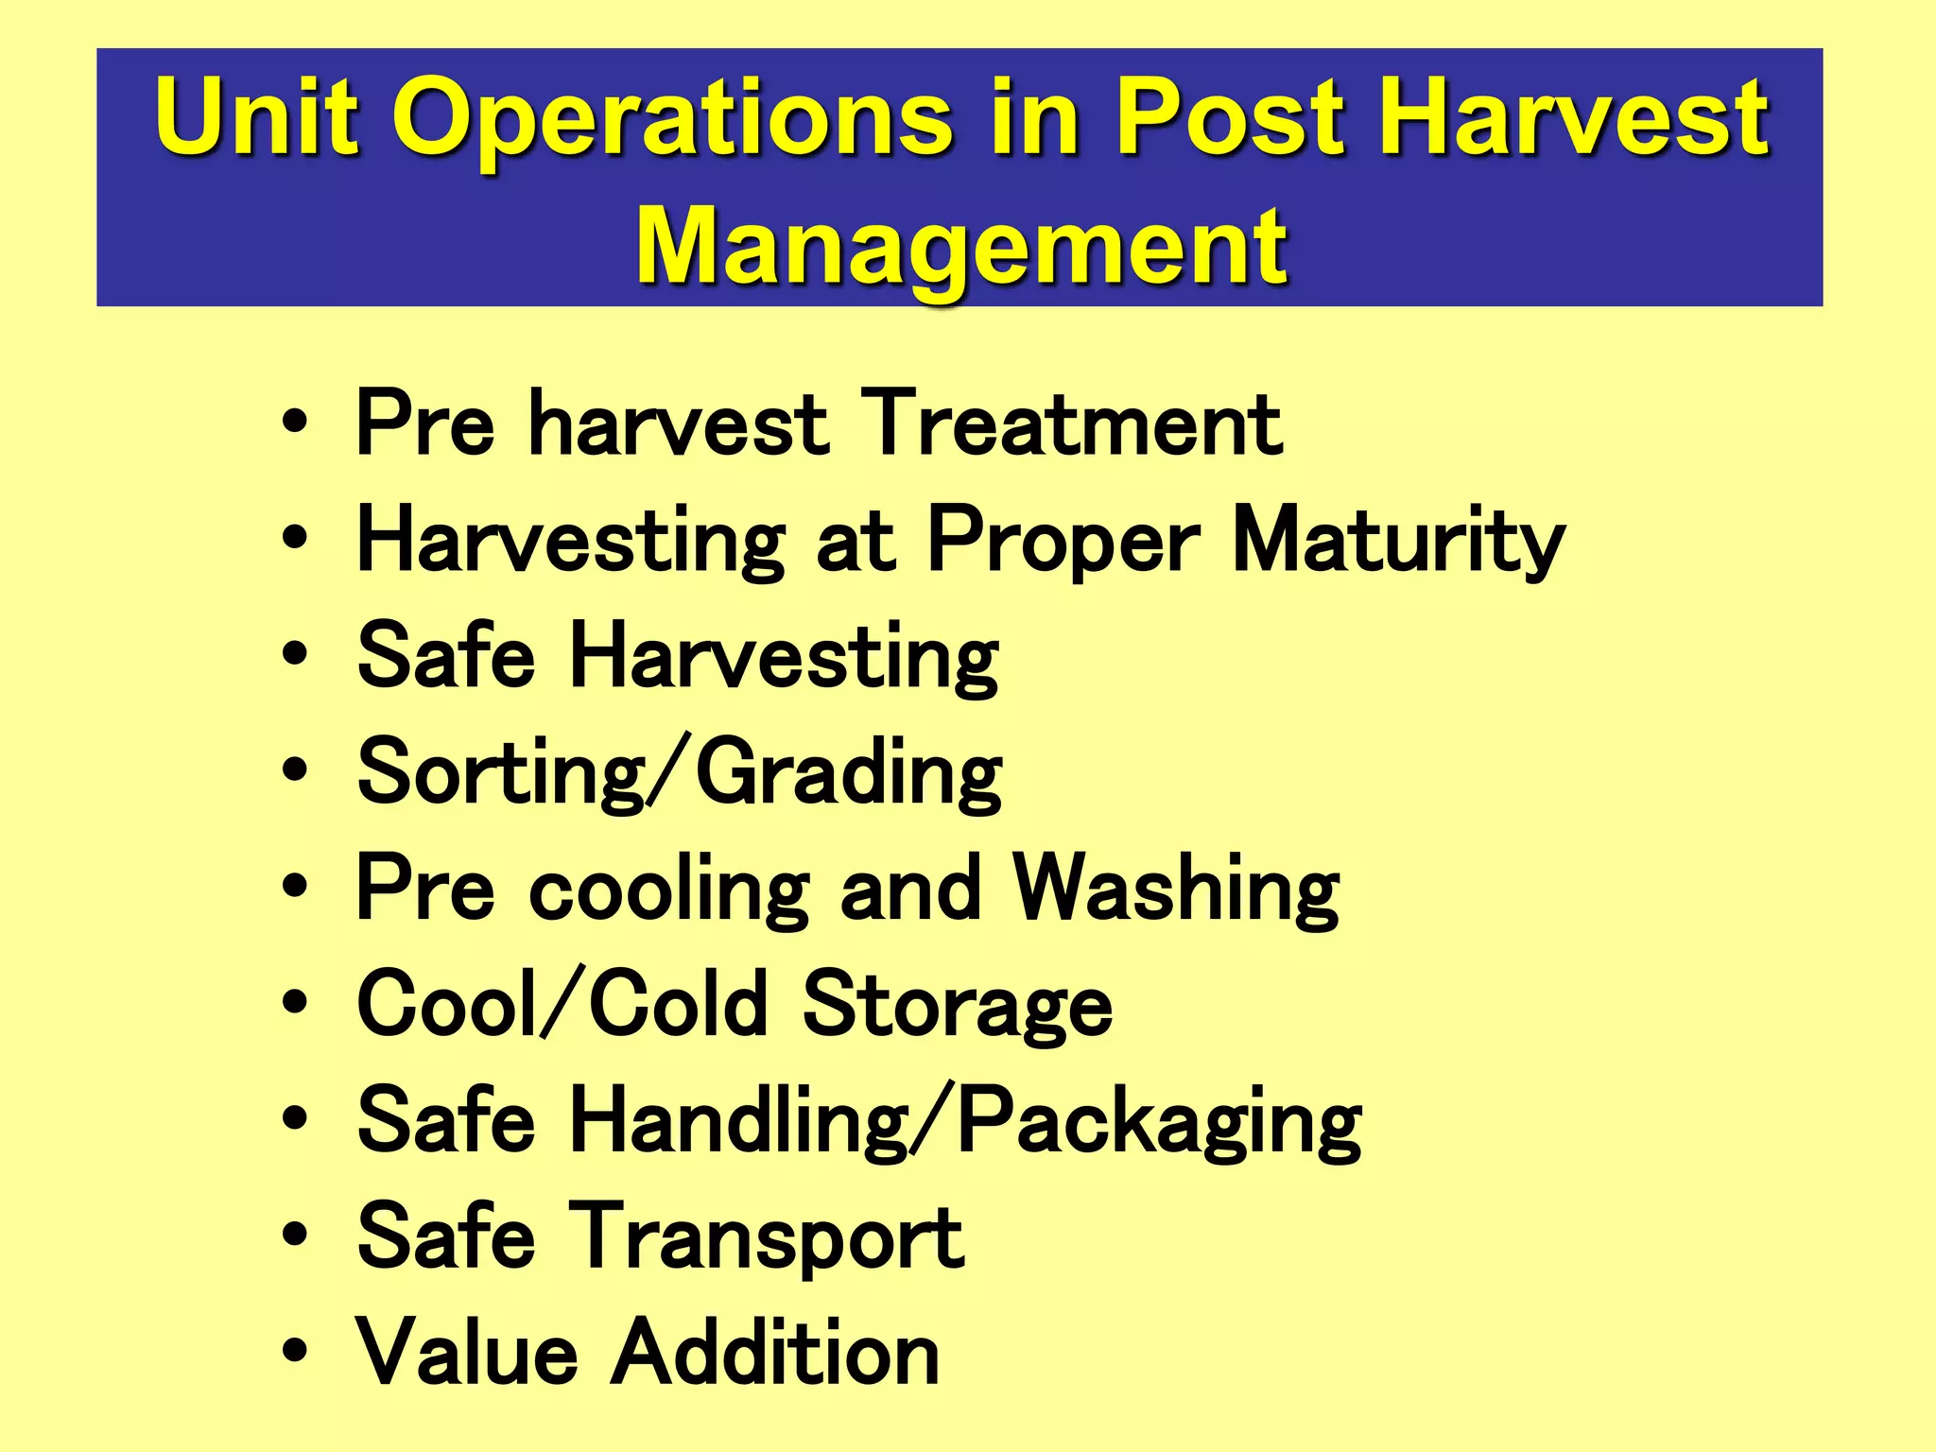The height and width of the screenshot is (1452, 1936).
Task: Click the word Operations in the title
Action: [x=671, y=118]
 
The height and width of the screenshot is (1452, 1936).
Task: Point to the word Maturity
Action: [x=1399, y=542]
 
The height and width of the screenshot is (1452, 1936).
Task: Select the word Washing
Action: [x=1176, y=890]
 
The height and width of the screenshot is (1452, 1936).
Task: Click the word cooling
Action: [x=669, y=890]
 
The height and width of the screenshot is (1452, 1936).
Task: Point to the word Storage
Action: [x=957, y=1006]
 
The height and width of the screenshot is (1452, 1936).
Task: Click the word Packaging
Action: [x=1159, y=1123]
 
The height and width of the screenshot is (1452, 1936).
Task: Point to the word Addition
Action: [x=775, y=1353]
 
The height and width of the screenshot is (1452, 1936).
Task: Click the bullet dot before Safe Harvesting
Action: [x=295, y=654]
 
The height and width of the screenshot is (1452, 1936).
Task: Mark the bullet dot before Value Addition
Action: [x=295, y=1351]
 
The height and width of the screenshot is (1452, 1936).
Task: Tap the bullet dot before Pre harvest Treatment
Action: [x=295, y=422]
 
